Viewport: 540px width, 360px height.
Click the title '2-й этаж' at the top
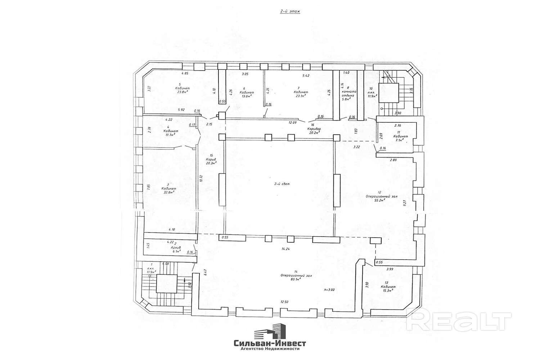pyautogui.click(x=290, y=12)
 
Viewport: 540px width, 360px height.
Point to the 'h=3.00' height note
pyautogui.click(x=329, y=289)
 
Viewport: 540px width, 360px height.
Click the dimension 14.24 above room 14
pyautogui.click(x=285, y=249)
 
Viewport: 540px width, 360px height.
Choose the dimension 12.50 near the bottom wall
pyautogui.click(x=284, y=302)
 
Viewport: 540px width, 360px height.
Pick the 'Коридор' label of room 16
pyautogui.click(x=314, y=129)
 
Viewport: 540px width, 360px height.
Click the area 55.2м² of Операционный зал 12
pyautogui.click(x=379, y=200)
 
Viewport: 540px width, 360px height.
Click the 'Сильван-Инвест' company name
pyautogui.click(x=270, y=343)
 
